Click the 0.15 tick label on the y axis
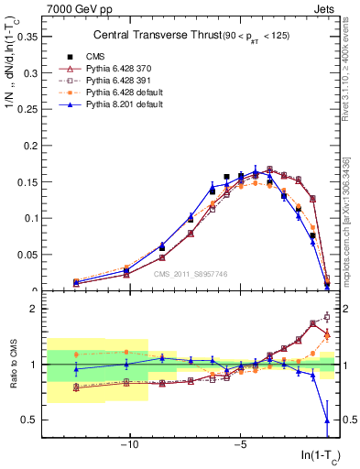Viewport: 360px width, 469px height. point(28,181)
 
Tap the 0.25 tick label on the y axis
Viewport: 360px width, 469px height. point(28,109)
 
